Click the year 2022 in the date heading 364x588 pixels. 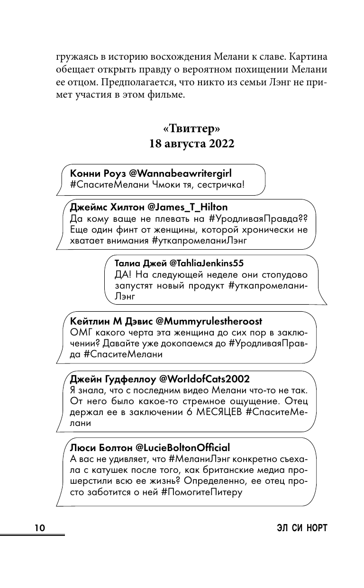218,144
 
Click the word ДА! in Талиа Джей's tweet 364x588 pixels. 123,274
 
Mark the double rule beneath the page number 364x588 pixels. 32,535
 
